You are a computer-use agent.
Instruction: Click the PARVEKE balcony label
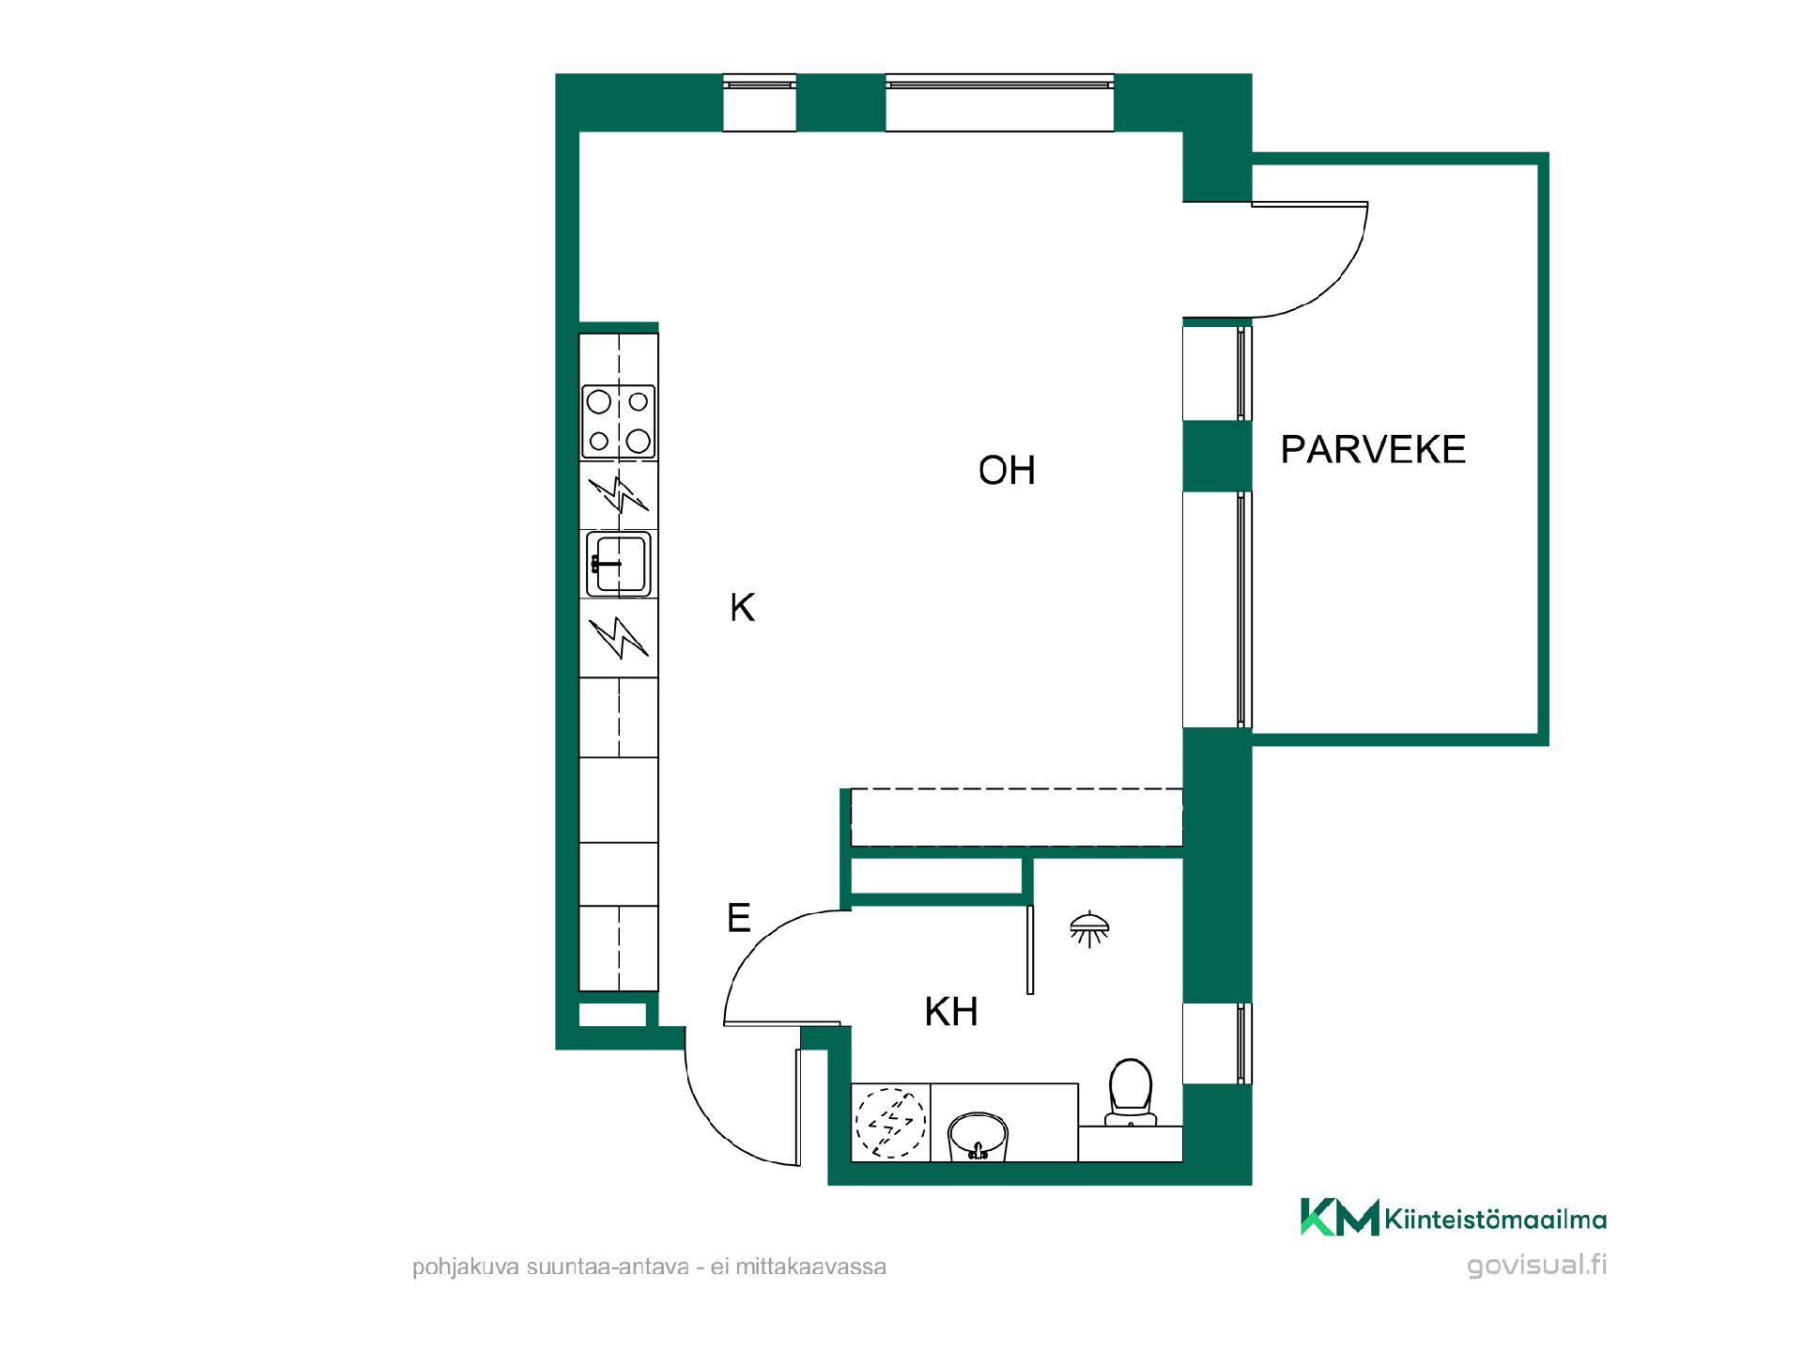(1373, 450)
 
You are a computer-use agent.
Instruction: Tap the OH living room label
(1007, 470)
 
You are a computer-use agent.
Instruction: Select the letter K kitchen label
(742, 608)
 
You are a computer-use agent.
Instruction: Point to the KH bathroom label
(951, 1012)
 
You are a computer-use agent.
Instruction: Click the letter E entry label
(739, 917)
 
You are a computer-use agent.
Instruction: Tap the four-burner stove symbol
(618, 421)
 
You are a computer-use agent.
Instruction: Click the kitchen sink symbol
(618, 564)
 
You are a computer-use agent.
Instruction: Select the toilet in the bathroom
(1131, 1093)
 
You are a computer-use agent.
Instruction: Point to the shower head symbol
(1089, 928)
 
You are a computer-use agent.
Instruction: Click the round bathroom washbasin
(979, 1137)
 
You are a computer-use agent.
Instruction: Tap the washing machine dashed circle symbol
(889, 1122)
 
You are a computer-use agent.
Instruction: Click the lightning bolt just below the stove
(618, 494)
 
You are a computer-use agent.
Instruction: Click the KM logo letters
(1339, 1217)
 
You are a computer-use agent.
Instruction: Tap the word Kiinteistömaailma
(1495, 1221)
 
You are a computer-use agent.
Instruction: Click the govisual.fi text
(1536, 1265)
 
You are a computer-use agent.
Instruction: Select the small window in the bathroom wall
(1216, 1043)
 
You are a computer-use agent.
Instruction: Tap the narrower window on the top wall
(760, 102)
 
